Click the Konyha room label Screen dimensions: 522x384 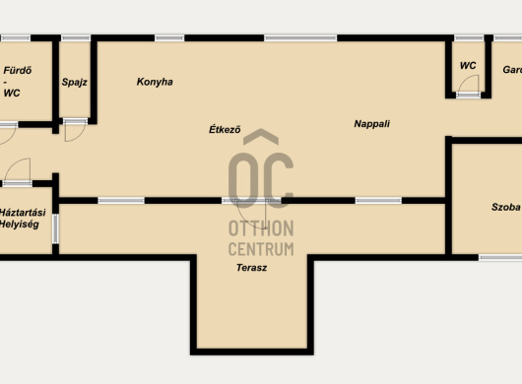[x=155, y=82]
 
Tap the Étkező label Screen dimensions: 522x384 [x=225, y=129]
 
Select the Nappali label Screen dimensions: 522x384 [x=372, y=124]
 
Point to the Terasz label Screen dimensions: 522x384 [x=252, y=268]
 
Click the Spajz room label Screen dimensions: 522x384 [x=75, y=82]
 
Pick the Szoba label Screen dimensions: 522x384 [x=506, y=208]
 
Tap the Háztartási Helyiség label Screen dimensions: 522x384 [x=23, y=219]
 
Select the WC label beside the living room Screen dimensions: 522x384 [x=468, y=66]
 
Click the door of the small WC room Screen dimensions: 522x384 [x=469, y=87]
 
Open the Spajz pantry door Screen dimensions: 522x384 [x=75, y=130]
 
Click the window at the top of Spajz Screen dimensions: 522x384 [x=76, y=38]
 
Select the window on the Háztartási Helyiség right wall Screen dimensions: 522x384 [x=55, y=229]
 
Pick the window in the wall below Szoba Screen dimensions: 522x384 [x=500, y=257]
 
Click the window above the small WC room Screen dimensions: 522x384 [x=469, y=38]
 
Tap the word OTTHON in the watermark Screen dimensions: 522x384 [x=261, y=228]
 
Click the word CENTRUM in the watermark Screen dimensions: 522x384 [x=261, y=249]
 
